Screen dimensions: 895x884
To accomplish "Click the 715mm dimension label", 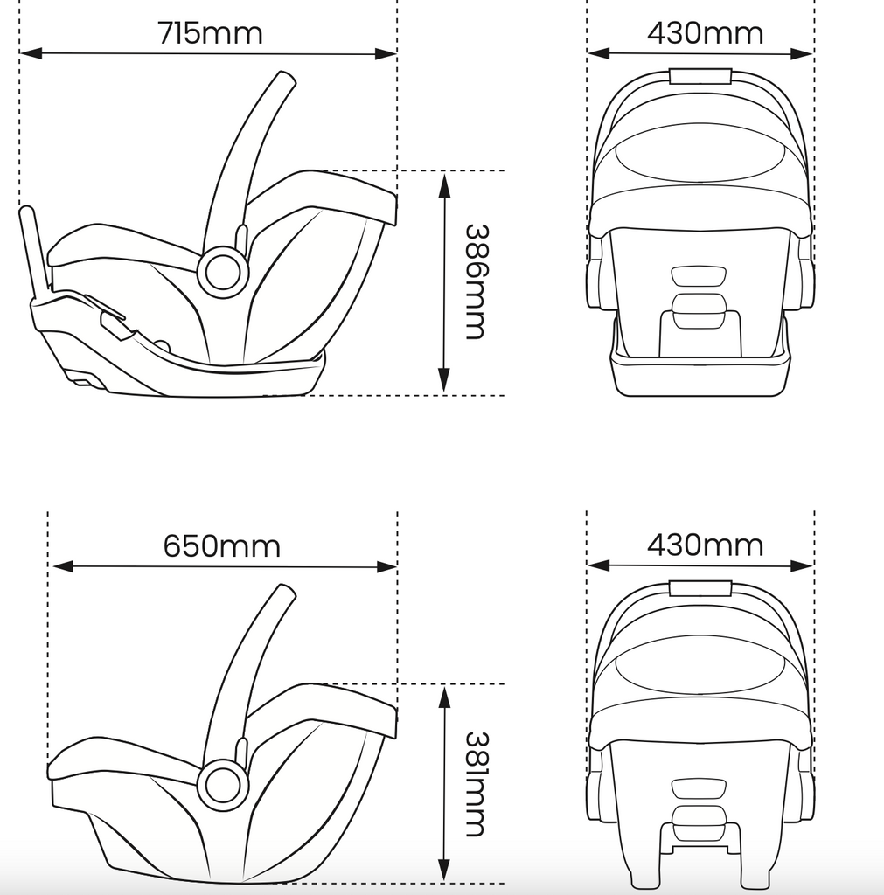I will (x=210, y=33).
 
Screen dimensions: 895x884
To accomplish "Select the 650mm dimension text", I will (x=222, y=546).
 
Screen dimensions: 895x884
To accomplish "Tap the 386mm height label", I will (x=475, y=281).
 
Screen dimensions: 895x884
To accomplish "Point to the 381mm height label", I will (x=475, y=783).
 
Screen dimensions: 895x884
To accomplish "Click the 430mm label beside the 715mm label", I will (x=705, y=33).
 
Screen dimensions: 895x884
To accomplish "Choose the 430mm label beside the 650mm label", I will (x=705, y=545).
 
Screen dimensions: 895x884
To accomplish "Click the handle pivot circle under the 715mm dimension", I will (x=222, y=272).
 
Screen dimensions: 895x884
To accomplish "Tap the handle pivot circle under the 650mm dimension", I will (x=222, y=784).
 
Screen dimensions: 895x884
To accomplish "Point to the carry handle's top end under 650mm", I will (x=284, y=594).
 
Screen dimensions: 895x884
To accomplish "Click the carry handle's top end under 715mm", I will (x=284, y=81).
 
